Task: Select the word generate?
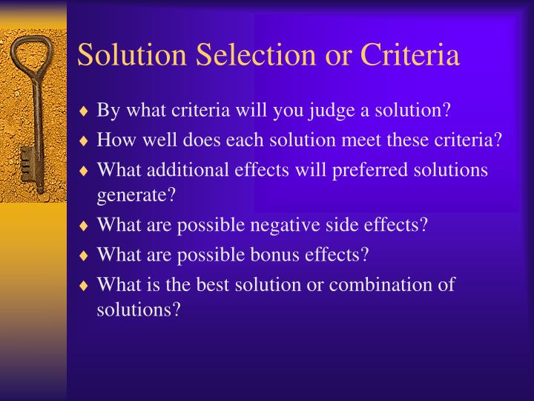click(x=136, y=196)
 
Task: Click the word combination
click(x=377, y=284)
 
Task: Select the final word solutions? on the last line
click(x=138, y=310)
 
